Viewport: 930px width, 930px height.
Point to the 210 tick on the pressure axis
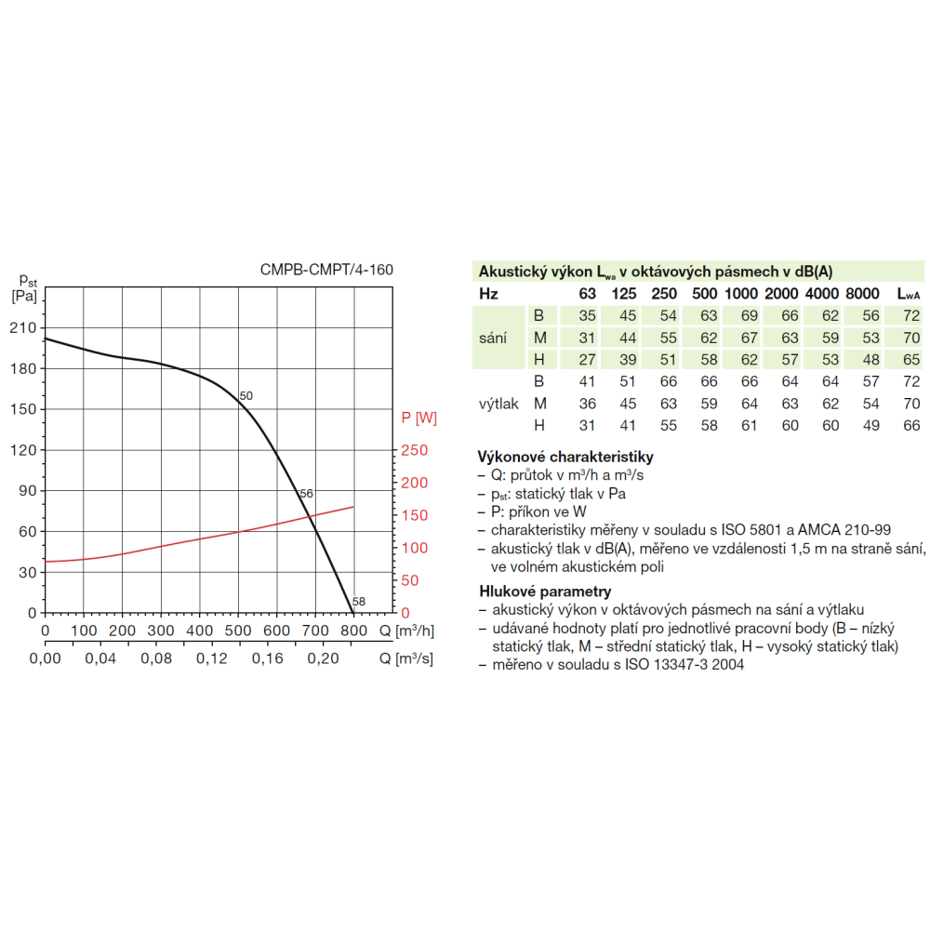23,328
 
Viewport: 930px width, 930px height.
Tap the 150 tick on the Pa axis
23,409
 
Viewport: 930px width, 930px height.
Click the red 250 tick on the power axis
415,451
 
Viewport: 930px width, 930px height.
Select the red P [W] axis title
418,418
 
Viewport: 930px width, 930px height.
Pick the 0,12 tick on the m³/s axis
212,658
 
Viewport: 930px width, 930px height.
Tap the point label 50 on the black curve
246,396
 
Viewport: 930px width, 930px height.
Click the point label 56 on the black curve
307,494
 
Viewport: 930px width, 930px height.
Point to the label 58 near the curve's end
359,602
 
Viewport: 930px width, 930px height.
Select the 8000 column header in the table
861,294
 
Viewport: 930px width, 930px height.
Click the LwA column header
909,294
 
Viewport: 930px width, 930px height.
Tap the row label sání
493,338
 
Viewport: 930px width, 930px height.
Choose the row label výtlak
498,404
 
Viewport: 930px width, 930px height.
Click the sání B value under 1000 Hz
749,316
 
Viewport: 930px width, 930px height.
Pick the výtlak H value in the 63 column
587,426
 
